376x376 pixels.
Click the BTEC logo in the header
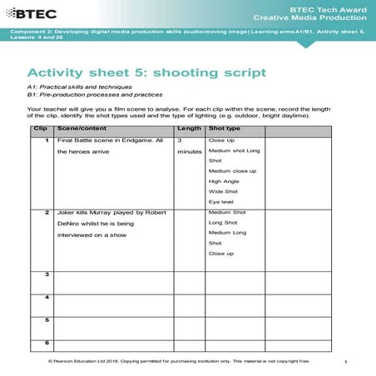(x=32, y=11)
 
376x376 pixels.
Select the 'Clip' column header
(x=38, y=130)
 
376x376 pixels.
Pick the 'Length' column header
(x=190, y=130)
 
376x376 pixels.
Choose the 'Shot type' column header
(x=225, y=130)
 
